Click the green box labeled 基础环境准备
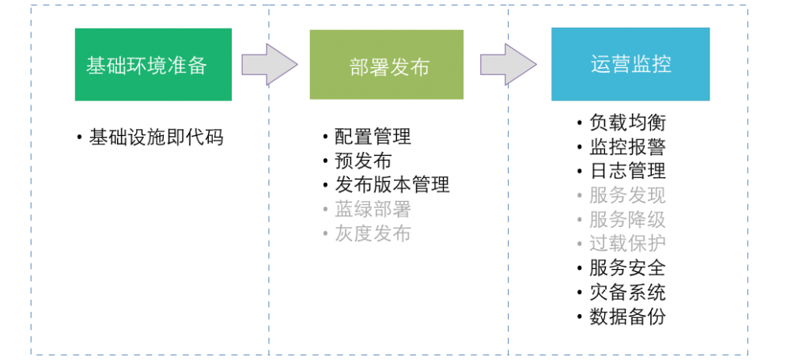(x=153, y=65)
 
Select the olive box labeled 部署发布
(x=386, y=65)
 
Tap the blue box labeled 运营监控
(x=630, y=64)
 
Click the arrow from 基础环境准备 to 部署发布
(x=269, y=64)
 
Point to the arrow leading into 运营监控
(x=509, y=64)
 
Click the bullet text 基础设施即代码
(x=157, y=137)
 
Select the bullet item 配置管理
(x=373, y=137)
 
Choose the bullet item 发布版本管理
(x=392, y=184)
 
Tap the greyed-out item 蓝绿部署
(x=373, y=209)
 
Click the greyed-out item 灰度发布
(x=373, y=233)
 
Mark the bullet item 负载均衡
(x=627, y=123)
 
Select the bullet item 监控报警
(x=627, y=146)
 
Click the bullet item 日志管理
(x=627, y=170)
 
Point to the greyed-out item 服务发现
(x=627, y=195)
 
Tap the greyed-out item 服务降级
(x=627, y=219)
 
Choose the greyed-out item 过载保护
(x=627, y=243)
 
